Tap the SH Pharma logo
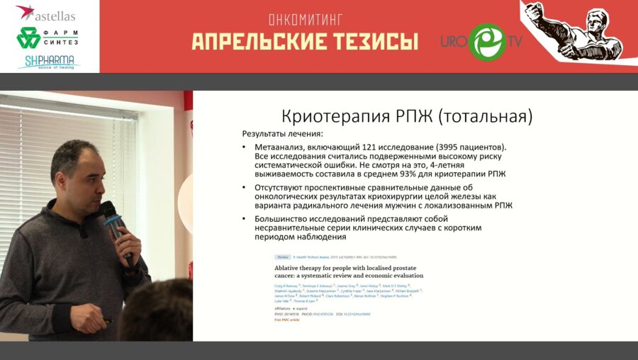[x=48, y=62]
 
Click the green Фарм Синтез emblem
[x=28, y=38]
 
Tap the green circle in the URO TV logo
[x=487, y=42]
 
